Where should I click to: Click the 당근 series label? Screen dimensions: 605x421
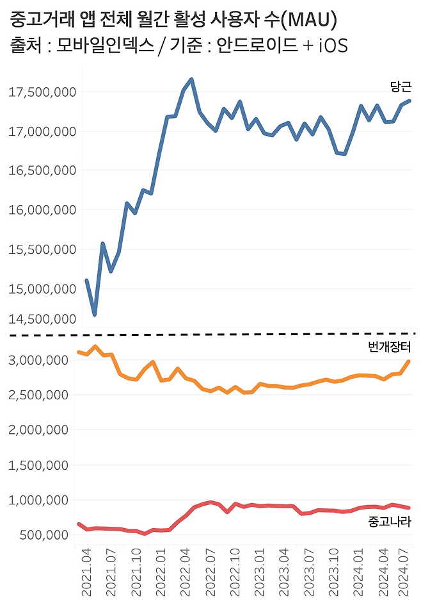401,87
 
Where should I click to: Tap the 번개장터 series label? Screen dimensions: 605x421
390,347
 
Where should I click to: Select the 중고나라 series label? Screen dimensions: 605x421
390,522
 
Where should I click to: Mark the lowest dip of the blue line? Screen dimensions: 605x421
95,315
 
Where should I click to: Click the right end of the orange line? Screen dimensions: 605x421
409,361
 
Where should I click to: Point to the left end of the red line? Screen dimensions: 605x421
78,524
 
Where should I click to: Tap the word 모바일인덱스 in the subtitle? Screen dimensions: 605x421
96,46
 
